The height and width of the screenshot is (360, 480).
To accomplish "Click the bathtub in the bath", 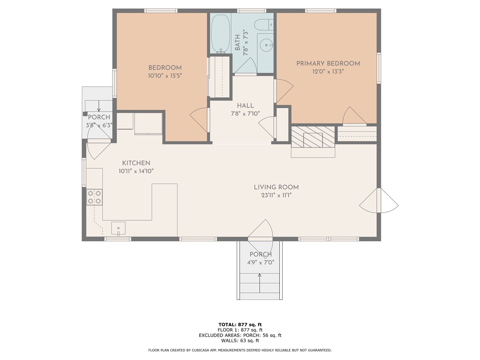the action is click(x=220, y=33).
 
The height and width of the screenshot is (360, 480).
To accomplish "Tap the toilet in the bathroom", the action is click(x=263, y=24).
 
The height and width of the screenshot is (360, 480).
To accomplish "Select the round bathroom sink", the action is click(x=265, y=46).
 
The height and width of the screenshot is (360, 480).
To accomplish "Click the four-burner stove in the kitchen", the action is click(x=94, y=197).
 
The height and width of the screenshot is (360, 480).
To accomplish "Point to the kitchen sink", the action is click(x=118, y=229).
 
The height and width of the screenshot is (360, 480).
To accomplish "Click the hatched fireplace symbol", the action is click(x=313, y=136).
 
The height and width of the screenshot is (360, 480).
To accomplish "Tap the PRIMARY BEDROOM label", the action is click(x=328, y=64).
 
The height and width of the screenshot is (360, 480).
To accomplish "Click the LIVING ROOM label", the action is click(x=276, y=187).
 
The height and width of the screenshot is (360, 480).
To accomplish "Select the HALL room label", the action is click(x=245, y=105).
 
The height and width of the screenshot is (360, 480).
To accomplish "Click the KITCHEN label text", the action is click(x=136, y=163).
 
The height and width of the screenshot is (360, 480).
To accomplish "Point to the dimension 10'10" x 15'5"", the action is click(x=165, y=75).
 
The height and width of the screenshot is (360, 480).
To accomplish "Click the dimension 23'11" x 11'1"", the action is click(x=276, y=195).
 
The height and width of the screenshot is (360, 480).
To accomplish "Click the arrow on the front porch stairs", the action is click(x=260, y=283).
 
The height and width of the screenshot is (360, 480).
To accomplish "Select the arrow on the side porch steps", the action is click(x=98, y=106).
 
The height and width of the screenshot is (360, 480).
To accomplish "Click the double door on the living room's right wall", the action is click(x=379, y=201).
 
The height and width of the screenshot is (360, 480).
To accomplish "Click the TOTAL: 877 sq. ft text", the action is click(x=240, y=324).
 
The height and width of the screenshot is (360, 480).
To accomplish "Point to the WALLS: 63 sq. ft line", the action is click(x=240, y=340).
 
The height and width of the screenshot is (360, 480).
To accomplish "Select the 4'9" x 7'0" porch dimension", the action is click(x=261, y=262).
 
